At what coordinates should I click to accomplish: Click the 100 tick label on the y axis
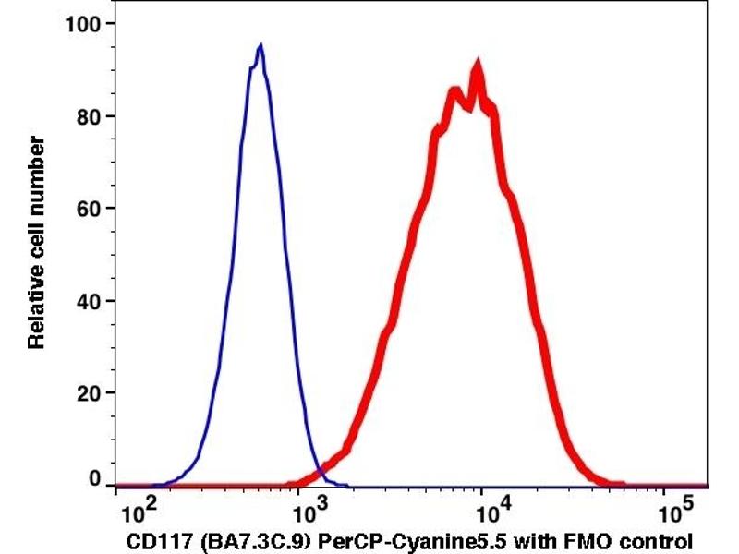tap(81, 23)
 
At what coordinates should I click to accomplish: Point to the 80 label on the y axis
tap(87, 116)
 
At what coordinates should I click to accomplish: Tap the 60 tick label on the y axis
tap(87, 209)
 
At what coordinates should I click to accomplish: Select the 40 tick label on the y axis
tap(87, 301)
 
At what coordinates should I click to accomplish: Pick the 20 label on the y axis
tap(87, 393)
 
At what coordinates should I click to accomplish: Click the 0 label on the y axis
tap(93, 479)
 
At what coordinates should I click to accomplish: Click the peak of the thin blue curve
tap(260, 45)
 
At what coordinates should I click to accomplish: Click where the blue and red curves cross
tap(319, 473)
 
